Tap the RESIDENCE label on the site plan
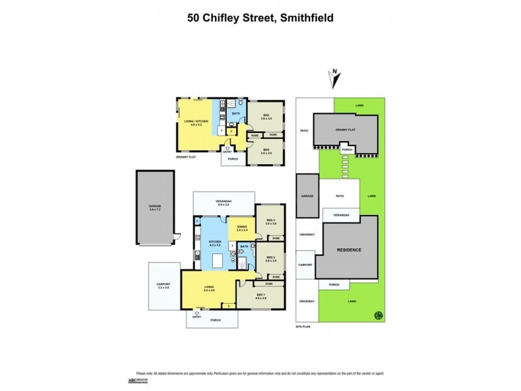(348, 250)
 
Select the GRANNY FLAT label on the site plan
(345, 130)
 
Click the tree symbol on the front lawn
(377, 316)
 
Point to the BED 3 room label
(270, 221)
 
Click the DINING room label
(242, 227)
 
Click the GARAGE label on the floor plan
(154, 207)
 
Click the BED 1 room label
(261, 295)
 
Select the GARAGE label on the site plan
(307, 195)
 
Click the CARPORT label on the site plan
(305, 266)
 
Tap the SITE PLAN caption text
(303, 326)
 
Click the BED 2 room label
(270, 259)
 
